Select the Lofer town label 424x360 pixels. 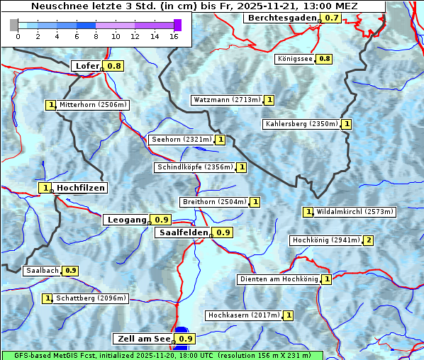coord(87,66)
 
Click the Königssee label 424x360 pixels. coord(295,59)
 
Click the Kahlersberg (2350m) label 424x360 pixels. coord(301,124)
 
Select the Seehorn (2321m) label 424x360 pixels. coord(182,140)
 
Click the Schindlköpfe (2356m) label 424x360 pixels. coord(194,167)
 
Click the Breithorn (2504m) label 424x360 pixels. coord(213,202)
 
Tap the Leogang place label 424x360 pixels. coord(126,220)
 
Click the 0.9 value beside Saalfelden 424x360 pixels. coord(223,232)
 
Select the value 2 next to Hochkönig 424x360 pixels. coord(368,240)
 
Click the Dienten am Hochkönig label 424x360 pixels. coord(279,279)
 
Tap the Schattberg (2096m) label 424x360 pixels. coord(91,298)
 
